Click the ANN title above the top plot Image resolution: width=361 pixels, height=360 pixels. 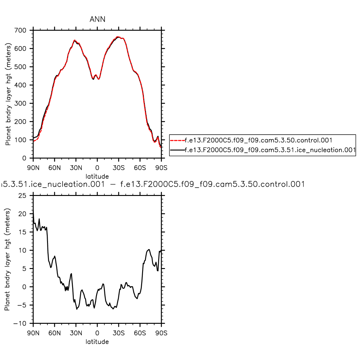[x=97, y=19]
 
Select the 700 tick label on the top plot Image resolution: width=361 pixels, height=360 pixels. [x=20, y=30]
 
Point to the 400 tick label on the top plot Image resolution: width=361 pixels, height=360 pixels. [x=20, y=85]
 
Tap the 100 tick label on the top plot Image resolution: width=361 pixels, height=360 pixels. [x=20, y=140]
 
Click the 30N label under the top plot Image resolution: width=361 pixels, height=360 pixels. [x=76, y=168]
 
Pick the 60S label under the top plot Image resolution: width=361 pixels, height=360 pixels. [x=140, y=168]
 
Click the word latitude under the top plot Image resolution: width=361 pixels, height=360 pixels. [x=97, y=176]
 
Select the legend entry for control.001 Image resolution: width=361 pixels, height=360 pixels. [x=258, y=140]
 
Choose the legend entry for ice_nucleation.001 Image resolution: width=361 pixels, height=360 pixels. [x=270, y=150]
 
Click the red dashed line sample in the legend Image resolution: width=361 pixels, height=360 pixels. [x=177, y=140]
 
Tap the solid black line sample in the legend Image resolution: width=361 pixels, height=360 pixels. [x=177, y=150]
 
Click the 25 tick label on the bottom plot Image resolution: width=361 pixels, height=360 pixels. [x=22, y=196]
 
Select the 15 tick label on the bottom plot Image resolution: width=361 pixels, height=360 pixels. [x=22, y=232]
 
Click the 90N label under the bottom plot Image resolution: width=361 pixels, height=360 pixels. [x=33, y=333]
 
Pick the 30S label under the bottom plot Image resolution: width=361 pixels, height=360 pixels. [x=119, y=333]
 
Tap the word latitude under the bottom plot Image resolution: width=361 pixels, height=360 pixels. [x=97, y=342]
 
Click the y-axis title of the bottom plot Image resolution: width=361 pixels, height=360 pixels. [x=7, y=259]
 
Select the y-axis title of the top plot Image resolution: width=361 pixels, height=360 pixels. [x=8, y=94]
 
